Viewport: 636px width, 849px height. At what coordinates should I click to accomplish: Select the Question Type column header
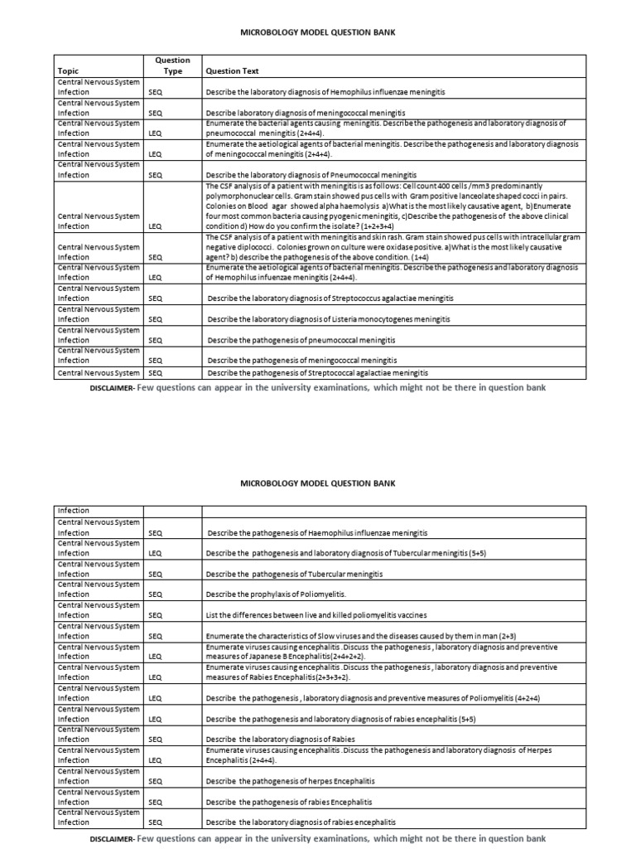point(172,65)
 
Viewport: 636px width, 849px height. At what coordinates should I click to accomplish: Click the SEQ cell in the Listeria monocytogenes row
point(156,319)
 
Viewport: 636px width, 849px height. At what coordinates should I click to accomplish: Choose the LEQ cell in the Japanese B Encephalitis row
point(156,657)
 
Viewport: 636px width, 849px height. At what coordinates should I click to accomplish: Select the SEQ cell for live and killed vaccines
point(156,615)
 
